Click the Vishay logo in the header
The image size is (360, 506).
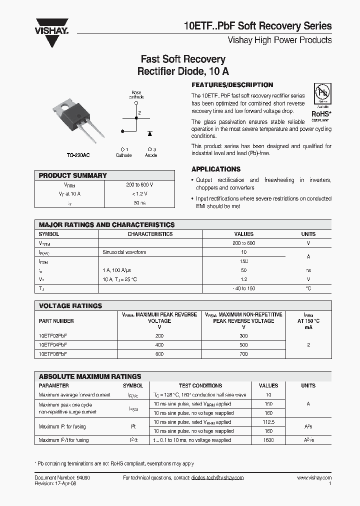click(51, 26)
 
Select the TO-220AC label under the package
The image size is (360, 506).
click(78, 155)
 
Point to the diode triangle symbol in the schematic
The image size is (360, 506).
click(149, 133)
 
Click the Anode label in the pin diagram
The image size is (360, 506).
click(151, 155)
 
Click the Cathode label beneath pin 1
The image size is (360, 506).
click(123, 155)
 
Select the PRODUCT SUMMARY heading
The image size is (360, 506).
click(73, 175)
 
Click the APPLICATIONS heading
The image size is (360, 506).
click(216, 169)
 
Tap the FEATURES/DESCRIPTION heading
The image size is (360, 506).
click(232, 85)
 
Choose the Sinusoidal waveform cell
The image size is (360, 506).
click(124, 252)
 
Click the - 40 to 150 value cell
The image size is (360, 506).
click(244, 288)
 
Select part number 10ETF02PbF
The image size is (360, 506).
click(53, 336)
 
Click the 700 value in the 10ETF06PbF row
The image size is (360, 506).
click(243, 354)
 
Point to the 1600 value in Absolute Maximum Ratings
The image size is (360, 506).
click(268, 440)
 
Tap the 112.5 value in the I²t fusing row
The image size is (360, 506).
click(268, 422)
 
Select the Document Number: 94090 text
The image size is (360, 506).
click(62, 478)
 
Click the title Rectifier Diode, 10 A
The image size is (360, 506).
click(183, 71)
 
